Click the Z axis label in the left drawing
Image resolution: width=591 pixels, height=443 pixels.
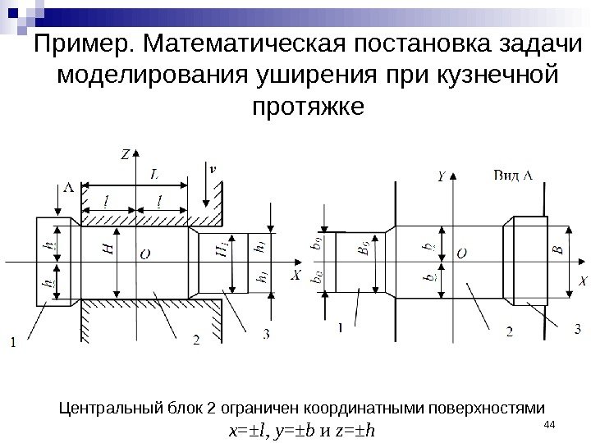tap(126, 153)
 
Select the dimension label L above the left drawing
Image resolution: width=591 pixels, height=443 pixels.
tap(155, 174)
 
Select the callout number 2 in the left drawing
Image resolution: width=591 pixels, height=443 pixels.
tap(196, 338)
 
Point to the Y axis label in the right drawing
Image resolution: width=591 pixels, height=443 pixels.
tap(442, 176)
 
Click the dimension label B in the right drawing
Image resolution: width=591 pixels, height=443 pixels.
tap(558, 251)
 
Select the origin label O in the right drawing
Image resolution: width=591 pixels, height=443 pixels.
tap(461, 255)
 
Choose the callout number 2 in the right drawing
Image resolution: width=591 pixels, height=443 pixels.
tap(509, 332)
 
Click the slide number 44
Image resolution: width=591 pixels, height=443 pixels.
tap(550, 422)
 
